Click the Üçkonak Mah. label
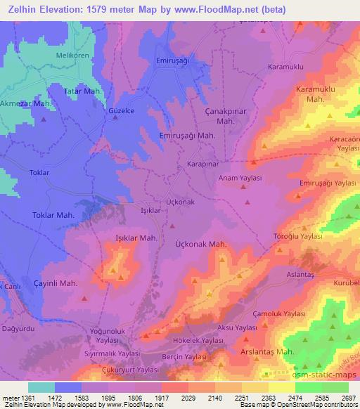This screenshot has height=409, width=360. [x=200, y=243]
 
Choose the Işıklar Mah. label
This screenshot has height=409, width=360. [x=135, y=238]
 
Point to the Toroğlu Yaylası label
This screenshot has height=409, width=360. [x=297, y=237]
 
